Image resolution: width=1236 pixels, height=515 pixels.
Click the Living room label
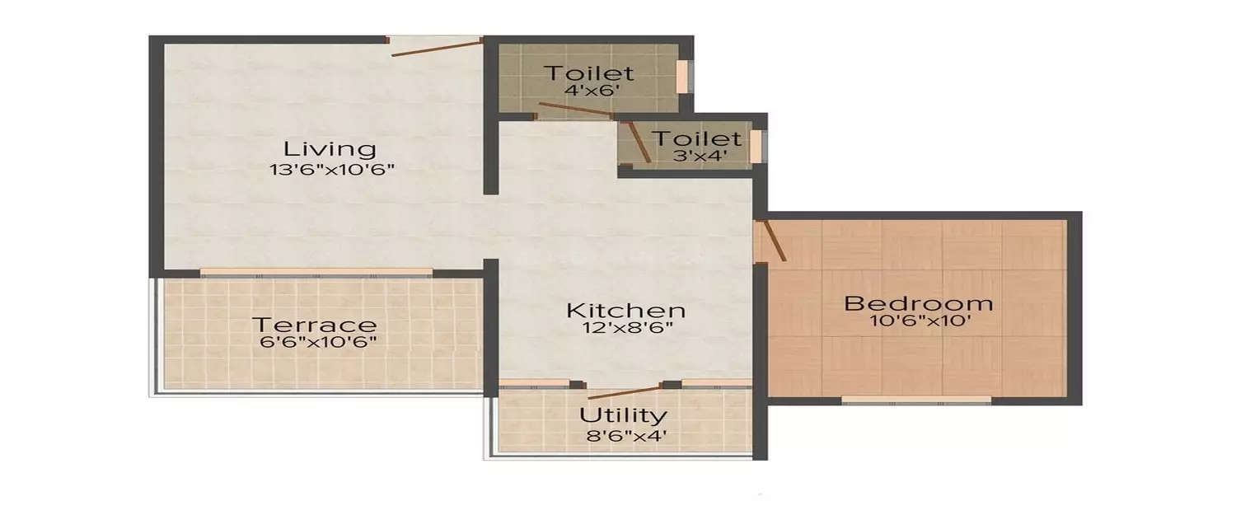click(330, 149)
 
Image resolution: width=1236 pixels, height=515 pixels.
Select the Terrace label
click(314, 325)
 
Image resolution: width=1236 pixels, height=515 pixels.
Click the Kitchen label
click(626, 311)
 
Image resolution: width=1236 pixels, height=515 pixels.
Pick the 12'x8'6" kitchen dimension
click(626, 328)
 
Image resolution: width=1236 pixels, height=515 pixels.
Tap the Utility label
click(623, 414)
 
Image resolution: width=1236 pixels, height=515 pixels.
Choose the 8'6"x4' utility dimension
click(623, 433)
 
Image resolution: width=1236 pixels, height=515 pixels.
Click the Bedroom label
click(918, 303)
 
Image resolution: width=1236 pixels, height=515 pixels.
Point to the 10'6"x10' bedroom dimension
click(918, 321)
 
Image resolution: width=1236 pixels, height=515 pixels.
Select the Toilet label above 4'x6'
click(588, 73)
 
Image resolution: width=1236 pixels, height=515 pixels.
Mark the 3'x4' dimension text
click(697, 155)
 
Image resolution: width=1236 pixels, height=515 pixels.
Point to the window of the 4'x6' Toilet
click(682, 76)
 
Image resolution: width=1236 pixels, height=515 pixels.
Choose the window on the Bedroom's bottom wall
click(916, 400)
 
